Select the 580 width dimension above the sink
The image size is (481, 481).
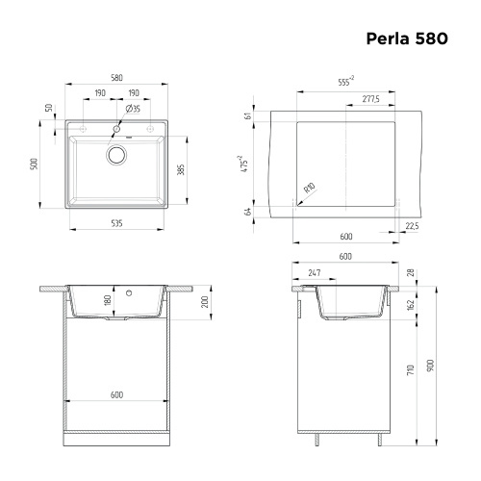point(115,78)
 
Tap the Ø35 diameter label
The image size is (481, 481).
point(135,109)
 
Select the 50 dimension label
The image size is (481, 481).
point(48,108)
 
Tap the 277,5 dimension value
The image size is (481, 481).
point(370,99)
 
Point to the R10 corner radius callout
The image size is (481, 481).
point(308,190)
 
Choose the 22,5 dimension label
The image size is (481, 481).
point(412,225)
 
